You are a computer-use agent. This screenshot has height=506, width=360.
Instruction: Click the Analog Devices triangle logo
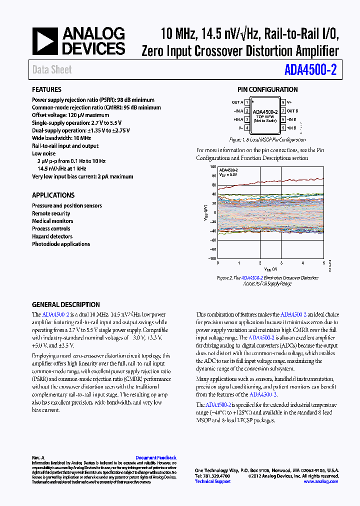45,41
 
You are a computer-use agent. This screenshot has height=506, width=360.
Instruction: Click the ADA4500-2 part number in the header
310,70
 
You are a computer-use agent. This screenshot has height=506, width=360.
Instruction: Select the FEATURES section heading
46,89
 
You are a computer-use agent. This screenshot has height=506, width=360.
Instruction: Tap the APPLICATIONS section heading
53,195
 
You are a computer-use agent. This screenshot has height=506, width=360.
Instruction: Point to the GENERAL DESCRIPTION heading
65,304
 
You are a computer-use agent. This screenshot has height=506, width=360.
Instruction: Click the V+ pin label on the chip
289,102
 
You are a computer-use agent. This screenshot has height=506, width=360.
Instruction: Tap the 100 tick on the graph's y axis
213,167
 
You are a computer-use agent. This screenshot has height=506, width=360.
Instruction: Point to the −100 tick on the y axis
212,258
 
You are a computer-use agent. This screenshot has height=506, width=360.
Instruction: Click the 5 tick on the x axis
323,263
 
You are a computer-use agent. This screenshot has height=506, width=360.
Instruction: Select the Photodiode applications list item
61,244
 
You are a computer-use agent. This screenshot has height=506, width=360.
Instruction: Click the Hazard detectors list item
52,236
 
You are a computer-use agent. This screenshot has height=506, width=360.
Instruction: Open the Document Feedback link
156,457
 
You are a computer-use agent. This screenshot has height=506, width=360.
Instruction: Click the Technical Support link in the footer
212,481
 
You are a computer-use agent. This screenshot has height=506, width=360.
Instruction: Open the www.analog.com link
321,481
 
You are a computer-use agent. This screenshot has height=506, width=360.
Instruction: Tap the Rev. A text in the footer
38,457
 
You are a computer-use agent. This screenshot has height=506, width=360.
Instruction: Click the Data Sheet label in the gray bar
52,70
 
